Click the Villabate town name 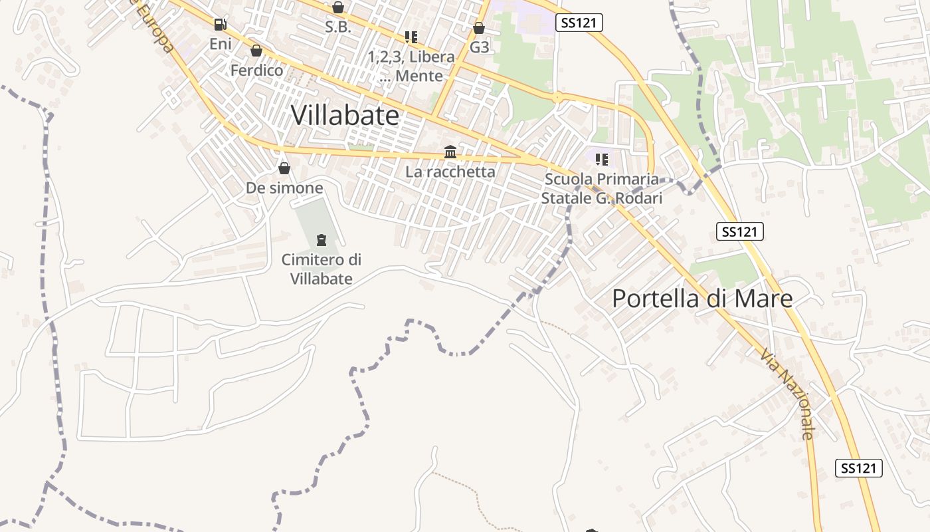[x=345, y=116]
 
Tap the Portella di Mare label [x=702, y=298]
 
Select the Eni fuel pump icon [x=220, y=25]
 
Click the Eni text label [x=221, y=44]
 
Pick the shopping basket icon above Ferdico [x=256, y=51]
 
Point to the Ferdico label [x=256, y=70]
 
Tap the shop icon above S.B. [x=338, y=7]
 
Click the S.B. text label [x=338, y=27]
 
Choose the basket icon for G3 [x=479, y=28]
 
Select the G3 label [x=479, y=47]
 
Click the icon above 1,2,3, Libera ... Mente [x=411, y=37]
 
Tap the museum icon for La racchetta [x=450, y=152]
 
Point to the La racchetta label [x=450, y=172]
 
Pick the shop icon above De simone [x=284, y=168]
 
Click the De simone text [x=284, y=188]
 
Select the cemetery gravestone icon [x=322, y=240]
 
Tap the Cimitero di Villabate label [x=322, y=269]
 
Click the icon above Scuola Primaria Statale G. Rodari [x=602, y=160]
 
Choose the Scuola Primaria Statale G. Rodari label [x=602, y=188]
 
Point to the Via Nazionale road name [x=788, y=394]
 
